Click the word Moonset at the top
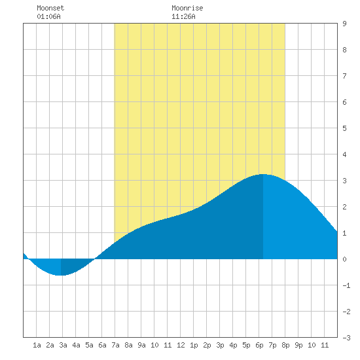pos(50,8)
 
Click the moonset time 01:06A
pos(48,16)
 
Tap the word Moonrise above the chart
pos(187,8)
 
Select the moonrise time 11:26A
pos(183,16)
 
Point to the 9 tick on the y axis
pos(344,24)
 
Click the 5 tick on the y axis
pos(344,128)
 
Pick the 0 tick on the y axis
pos(344,259)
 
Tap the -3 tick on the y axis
pos(346,338)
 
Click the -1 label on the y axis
pos(346,285)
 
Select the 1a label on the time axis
pos(37,345)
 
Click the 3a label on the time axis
pos(63,345)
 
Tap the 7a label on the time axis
pos(115,345)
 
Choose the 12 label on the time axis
pos(181,345)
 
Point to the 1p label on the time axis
pos(194,345)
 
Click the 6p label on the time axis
pos(259,345)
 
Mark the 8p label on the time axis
pos(285,345)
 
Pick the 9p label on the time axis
pos(298,345)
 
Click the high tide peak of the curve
pos(263,174)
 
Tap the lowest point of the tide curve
pos(61,275)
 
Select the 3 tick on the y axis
pos(344,181)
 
